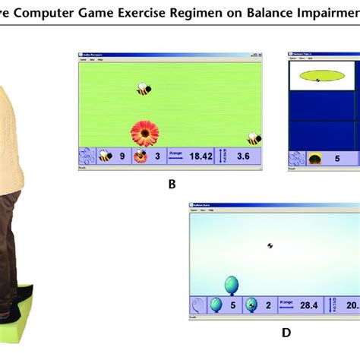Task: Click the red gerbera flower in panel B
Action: click(x=144, y=133)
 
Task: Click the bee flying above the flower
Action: click(x=143, y=89)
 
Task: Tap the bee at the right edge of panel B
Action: click(x=254, y=138)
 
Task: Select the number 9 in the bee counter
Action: click(x=121, y=156)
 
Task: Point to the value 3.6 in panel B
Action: click(x=243, y=156)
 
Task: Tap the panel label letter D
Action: click(x=286, y=332)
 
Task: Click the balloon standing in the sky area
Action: click(x=232, y=286)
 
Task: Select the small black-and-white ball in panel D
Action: click(x=270, y=245)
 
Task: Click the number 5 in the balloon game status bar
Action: click(x=232, y=305)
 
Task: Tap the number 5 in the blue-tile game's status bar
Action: click(x=336, y=159)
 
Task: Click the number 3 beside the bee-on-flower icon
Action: click(x=157, y=156)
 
